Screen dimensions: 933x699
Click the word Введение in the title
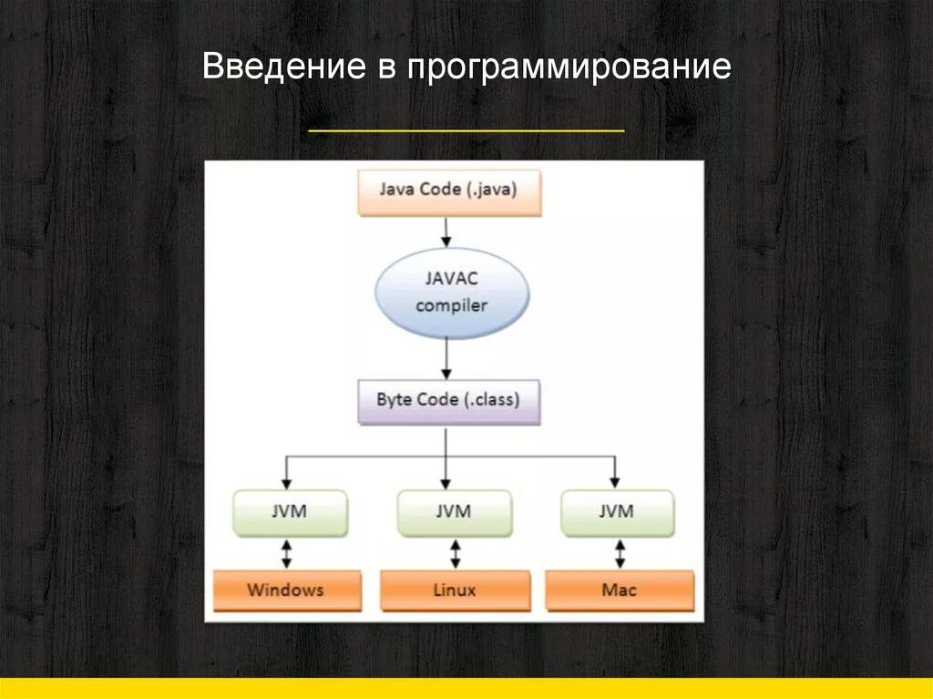point(279,67)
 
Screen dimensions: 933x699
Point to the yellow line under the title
point(466,131)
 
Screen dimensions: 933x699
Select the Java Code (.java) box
point(449,192)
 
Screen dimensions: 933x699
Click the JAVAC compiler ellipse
point(452,292)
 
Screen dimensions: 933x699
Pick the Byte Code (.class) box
point(448,401)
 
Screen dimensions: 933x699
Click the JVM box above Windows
point(290,512)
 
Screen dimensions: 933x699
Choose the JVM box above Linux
point(453,512)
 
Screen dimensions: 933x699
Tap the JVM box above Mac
point(617,512)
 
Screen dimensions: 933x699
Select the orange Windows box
point(285,590)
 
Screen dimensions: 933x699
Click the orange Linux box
point(454,590)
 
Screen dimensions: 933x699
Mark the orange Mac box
point(620,590)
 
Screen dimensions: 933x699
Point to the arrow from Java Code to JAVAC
point(445,231)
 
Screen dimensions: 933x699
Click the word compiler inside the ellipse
point(452,305)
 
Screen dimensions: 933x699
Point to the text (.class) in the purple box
point(489,400)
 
